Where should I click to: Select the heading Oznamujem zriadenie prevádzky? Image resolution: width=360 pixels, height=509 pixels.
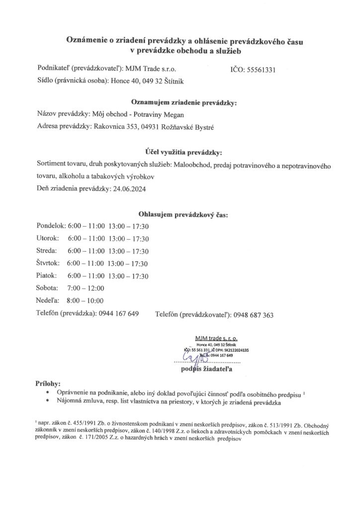pos(183,103)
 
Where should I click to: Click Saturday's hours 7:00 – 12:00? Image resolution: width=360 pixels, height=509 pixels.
pos(86,288)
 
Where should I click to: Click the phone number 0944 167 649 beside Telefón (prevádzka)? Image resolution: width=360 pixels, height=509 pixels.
pos(118,313)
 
